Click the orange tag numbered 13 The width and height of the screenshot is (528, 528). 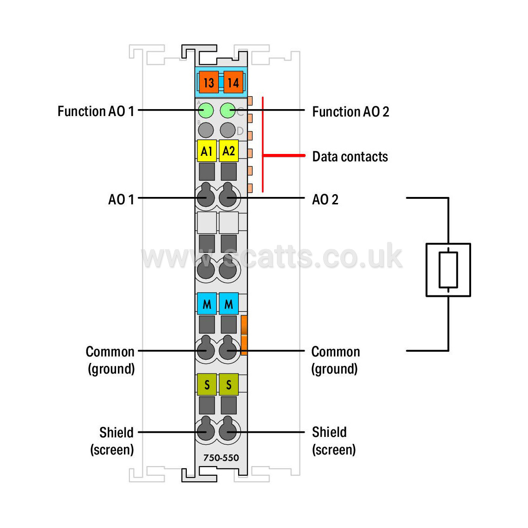point(209,82)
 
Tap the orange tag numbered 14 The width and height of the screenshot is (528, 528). point(233,82)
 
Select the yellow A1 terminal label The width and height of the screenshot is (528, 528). point(207,151)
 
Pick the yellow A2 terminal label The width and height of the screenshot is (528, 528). point(229,151)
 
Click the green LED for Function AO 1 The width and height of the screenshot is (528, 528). point(206,111)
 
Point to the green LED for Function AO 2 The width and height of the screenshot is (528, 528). point(227,111)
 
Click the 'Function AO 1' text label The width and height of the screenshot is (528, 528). point(96,111)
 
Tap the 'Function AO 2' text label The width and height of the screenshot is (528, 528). point(350,111)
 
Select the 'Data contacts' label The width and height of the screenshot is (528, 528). point(350,157)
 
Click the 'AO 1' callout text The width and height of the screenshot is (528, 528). point(121,199)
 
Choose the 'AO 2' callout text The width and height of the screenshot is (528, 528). point(325,199)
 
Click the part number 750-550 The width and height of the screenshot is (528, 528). point(221,458)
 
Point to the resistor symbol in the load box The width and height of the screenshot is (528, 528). point(448,270)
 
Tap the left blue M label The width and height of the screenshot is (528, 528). point(207,304)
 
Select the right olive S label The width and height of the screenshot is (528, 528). point(229,384)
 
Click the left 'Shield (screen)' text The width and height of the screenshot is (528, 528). point(112,441)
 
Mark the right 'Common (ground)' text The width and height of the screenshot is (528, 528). point(335,360)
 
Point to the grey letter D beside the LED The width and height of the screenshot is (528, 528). point(240,131)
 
